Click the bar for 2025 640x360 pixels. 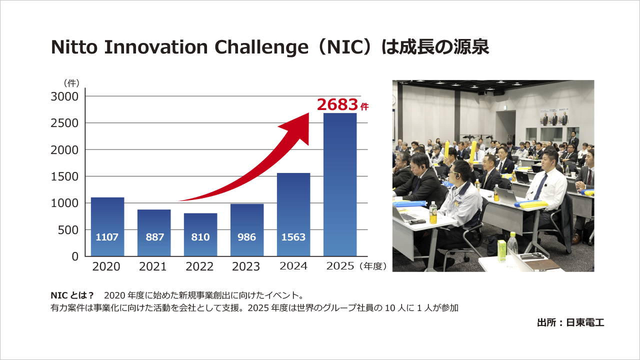[x=340, y=185]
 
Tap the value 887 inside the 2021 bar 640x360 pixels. [x=154, y=237]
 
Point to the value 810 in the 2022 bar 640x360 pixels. [x=200, y=237]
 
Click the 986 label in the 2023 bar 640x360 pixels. [x=246, y=237]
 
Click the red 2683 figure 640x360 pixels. [x=338, y=104]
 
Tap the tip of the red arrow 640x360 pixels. [x=308, y=114]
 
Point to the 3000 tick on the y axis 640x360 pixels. [x=65, y=96]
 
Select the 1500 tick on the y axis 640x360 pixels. [x=65, y=176]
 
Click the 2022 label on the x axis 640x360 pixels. [x=199, y=266]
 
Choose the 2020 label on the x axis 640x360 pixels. [x=106, y=266]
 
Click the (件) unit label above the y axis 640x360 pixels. [x=71, y=83]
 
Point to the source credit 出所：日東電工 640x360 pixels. [x=570, y=322]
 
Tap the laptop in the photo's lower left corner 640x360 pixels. [x=407, y=215]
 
